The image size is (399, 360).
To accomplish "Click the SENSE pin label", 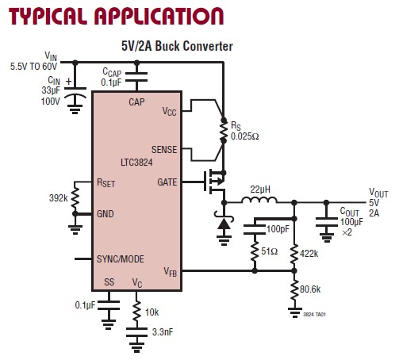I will [x=163, y=149].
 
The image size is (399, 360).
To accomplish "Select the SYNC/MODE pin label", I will [x=121, y=259].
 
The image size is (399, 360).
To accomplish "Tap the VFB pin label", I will [x=170, y=271].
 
